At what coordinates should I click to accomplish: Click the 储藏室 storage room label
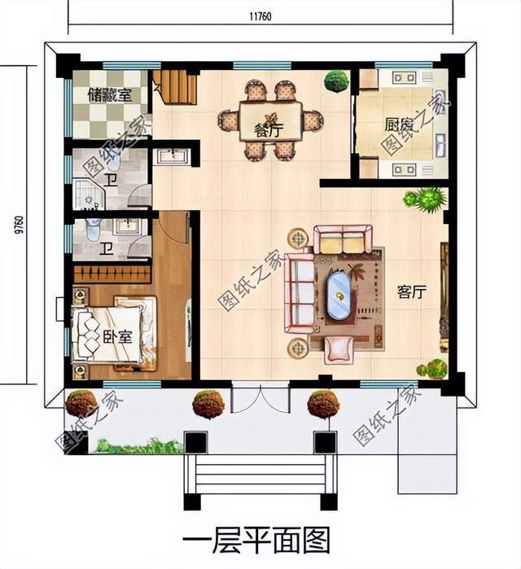[x=109, y=94]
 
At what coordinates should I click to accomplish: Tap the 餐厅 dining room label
[x=268, y=129]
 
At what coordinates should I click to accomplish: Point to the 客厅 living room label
[x=412, y=293]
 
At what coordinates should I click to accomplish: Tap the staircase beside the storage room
[x=175, y=87]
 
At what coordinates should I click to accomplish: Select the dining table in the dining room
[x=270, y=120]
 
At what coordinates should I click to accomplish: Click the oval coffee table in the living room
[x=337, y=297]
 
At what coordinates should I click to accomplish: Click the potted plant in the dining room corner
[x=335, y=81]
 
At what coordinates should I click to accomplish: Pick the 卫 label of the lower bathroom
[x=106, y=248]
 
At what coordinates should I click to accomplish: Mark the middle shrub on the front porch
[x=208, y=404]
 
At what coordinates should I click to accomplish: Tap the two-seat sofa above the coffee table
[x=342, y=240]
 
